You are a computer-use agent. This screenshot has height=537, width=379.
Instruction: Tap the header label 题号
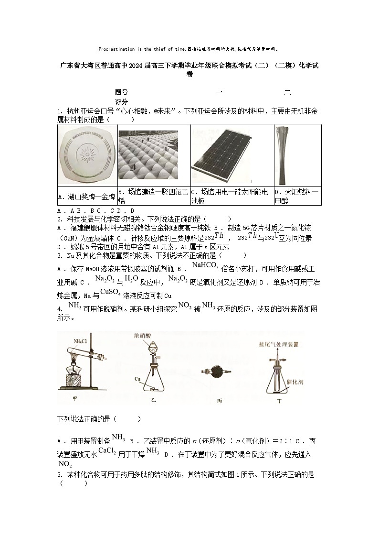click(121, 92)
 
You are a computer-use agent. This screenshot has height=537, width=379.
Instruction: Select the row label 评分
click(121, 102)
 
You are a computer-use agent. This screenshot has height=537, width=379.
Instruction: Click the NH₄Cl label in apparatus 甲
click(80, 341)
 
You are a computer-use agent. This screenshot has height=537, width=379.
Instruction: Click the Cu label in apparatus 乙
click(137, 378)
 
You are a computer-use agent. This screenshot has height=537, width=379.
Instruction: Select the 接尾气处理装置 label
click(278, 344)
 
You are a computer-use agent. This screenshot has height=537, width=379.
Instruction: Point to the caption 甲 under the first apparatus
click(74, 397)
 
